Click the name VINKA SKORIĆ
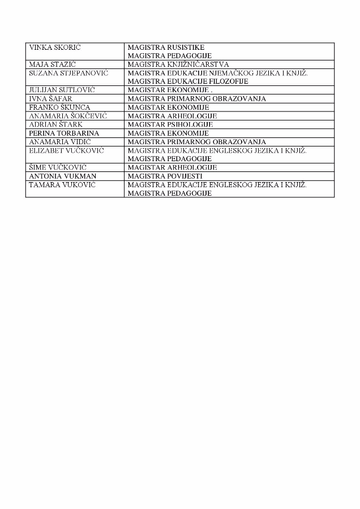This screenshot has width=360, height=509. (54, 48)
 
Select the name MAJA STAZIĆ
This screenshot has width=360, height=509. (53, 64)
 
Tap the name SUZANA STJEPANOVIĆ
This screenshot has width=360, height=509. (68, 73)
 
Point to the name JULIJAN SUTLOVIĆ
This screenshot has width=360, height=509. (59, 90)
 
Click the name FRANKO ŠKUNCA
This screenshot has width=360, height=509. (59, 107)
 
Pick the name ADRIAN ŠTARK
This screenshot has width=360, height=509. (55, 124)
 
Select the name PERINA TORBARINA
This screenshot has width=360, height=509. (64, 133)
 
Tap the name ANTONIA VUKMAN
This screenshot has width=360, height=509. (59, 176)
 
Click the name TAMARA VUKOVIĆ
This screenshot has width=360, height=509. (62, 184)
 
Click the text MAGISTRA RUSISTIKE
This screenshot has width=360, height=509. (166, 48)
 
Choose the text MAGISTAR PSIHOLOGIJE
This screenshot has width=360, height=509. (170, 124)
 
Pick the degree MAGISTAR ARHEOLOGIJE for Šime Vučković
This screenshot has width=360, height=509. (172, 167)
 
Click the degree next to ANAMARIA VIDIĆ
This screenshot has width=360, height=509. (196, 141)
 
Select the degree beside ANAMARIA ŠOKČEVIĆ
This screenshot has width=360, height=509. (172, 116)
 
